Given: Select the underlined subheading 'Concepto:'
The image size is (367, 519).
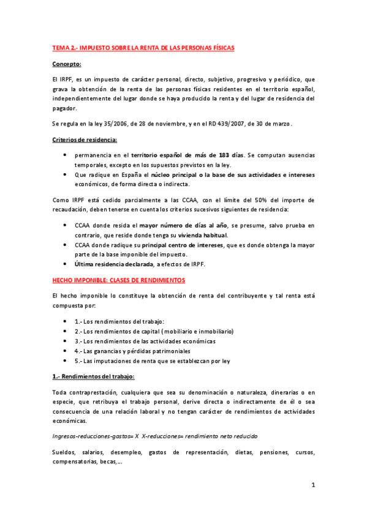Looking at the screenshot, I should tap(67, 63).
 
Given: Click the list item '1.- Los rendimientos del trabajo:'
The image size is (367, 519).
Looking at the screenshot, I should tap(119, 321).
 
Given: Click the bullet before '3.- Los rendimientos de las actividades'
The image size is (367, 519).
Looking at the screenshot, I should tap(66, 341).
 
